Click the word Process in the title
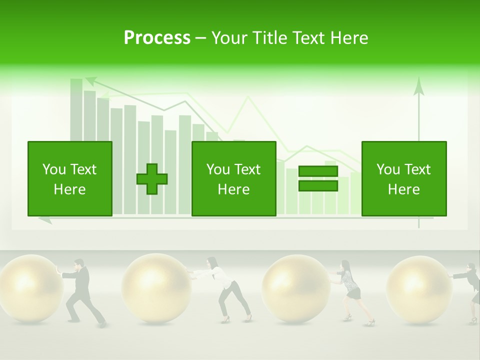(157, 38)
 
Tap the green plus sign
(152, 178)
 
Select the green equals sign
(318, 178)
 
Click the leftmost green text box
(70, 178)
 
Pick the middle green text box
(233, 178)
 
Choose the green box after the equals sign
(403, 178)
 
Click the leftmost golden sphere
(28, 288)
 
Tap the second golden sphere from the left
(156, 288)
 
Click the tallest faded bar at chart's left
(76, 110)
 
